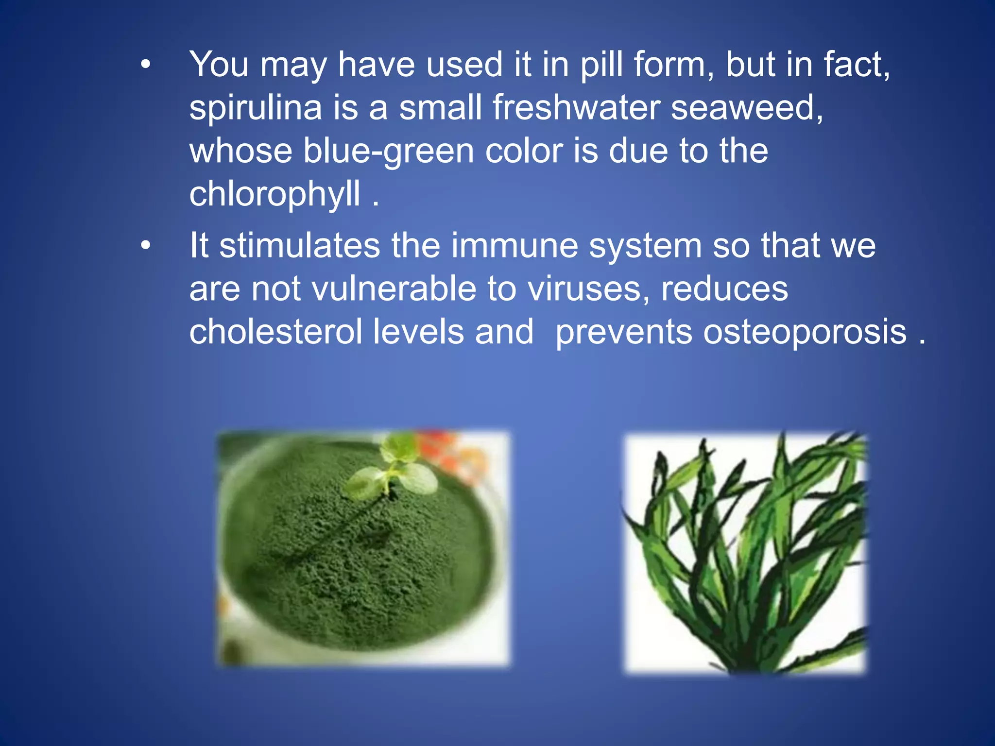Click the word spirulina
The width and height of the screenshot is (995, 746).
click(256, 108)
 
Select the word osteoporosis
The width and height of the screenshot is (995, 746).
click(805, 333)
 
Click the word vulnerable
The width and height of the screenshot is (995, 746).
click(394, 289)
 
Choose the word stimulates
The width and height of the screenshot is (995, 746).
click(300, 246)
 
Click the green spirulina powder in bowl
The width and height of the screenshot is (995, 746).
click(350, 559)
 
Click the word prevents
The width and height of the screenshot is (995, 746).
click(623, 333)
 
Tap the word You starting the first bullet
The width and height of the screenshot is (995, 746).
click(219, 65)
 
